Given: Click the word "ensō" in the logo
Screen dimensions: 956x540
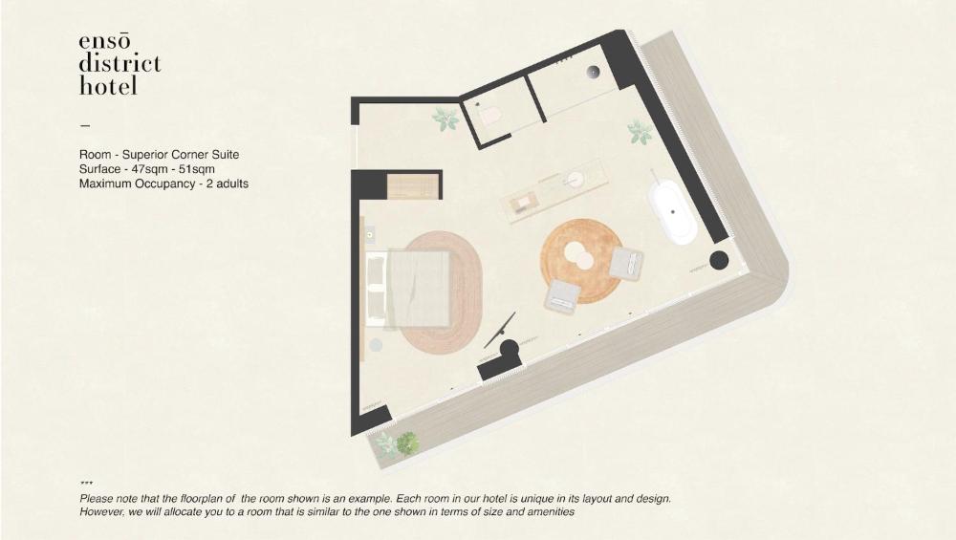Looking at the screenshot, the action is pos(104,42).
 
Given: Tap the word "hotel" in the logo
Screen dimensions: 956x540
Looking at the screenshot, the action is pos(108,85).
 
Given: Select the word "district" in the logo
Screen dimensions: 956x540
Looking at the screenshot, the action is pos(119,63).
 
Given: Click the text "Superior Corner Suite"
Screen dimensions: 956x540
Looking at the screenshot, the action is pos(181,154).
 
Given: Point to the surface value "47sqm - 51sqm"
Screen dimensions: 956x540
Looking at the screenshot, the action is pos(173,169).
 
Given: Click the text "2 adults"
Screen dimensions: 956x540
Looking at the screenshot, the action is pos(228,184).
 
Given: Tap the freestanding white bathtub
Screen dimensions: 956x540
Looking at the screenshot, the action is pos(672,213).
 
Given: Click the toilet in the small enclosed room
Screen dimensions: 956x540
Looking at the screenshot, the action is pos(490,116).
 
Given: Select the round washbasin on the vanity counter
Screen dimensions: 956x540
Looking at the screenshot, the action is pos(574,179).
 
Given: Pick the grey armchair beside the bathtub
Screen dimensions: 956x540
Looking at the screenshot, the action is pos(627,263).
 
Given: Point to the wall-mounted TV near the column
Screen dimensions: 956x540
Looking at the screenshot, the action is pos(500,330).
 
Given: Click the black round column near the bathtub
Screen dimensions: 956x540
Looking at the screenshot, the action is pos(719,260).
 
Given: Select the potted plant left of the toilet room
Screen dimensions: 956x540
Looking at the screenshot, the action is pos(445,119).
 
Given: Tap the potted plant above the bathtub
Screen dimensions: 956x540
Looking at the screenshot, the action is pos(640,132).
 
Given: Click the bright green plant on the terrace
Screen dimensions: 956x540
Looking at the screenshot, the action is pos(406,443).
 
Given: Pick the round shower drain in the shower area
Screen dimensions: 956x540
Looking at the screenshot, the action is pos(594,72).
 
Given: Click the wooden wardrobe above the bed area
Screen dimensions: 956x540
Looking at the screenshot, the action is pos(413,186).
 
